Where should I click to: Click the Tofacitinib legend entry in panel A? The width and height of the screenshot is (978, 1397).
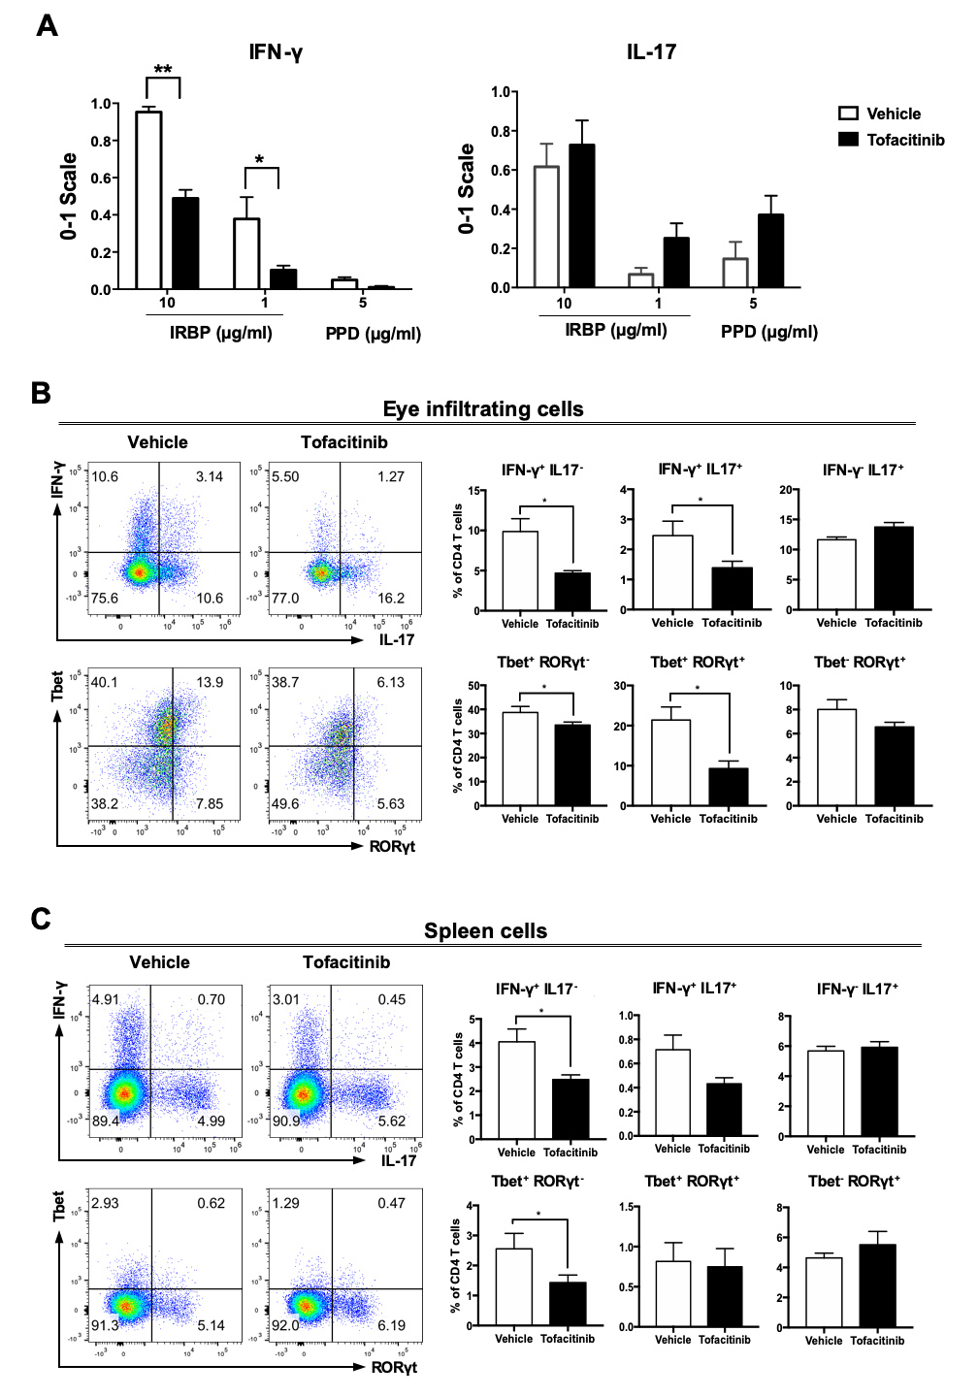904,140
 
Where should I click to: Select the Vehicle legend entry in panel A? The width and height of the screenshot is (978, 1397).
893,114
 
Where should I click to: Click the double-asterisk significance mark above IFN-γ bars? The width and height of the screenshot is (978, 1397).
163,70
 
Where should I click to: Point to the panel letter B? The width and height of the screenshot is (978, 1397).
41,393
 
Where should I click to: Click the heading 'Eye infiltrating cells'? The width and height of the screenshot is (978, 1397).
483,409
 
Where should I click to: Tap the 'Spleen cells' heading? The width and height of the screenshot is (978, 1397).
485,931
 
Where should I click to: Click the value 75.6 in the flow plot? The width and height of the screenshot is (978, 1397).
105,599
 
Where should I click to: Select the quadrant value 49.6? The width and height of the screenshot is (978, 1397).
285,804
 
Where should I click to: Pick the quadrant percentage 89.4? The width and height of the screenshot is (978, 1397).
105,1121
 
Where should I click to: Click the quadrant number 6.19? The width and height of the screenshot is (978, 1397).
391,1325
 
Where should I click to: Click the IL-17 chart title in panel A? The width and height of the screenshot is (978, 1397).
651,52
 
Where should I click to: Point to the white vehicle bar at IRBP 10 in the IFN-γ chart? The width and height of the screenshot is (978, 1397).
148,201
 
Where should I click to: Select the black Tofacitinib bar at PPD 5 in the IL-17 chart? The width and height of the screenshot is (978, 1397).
770,251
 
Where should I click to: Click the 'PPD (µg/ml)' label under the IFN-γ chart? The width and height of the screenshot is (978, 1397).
373,334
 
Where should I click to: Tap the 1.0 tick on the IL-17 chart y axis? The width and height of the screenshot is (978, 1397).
500,92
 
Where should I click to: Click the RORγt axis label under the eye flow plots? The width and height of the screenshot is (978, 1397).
392,846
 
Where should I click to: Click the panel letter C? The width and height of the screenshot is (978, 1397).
41,919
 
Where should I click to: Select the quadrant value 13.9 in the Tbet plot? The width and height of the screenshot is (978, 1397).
210,683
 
